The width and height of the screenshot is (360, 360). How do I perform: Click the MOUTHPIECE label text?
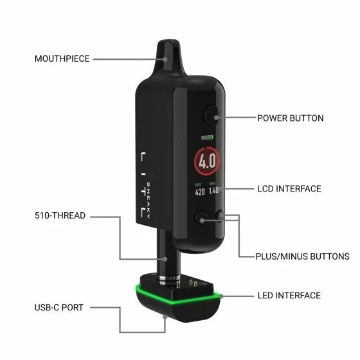coord(61,59)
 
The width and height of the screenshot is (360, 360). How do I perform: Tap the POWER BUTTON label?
coord(290,118)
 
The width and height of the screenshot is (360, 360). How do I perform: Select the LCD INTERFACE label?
coord(289,189)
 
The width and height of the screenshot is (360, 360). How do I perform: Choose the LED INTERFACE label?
coord(289,295)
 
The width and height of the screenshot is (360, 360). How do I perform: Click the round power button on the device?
coord(212,116)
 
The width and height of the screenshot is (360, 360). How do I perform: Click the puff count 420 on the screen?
coord(201,191)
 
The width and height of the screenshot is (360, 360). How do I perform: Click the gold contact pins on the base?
coord(194,281)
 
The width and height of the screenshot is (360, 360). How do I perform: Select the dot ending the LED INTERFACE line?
coord(219,295)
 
